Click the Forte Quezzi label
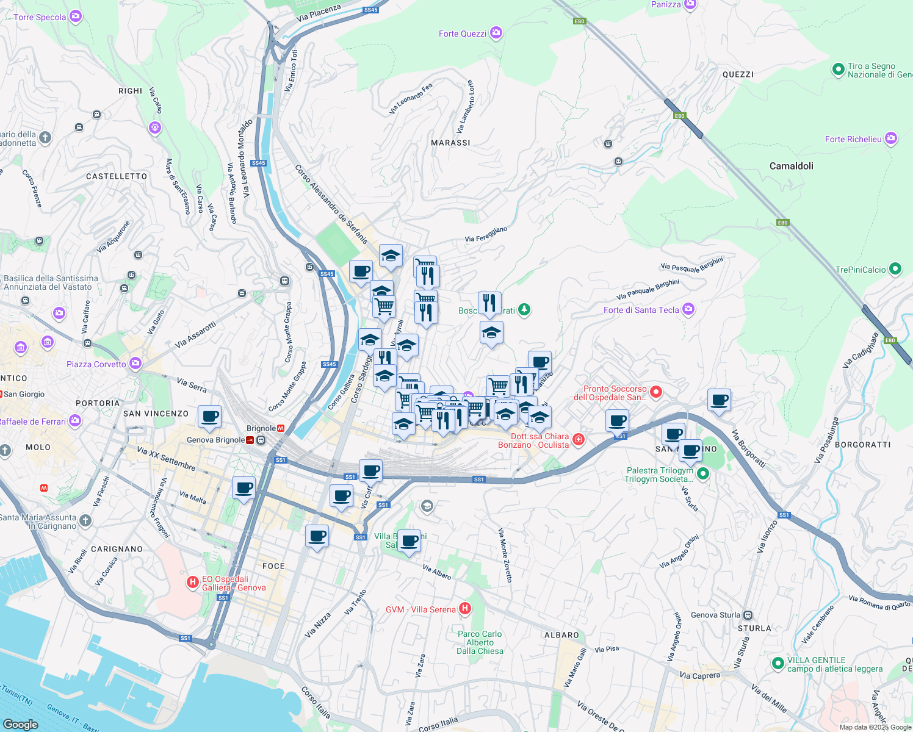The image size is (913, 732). [463, 34]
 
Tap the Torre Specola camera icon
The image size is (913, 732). [76, 16]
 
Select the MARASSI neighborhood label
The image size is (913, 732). [450, 143]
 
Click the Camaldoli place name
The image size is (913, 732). [791, 166]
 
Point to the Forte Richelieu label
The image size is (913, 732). [853, 139]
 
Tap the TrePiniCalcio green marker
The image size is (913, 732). [895, 268]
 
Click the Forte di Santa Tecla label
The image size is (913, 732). [641, 310]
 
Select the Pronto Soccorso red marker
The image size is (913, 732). [656, 392]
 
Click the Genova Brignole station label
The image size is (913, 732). [216, 440]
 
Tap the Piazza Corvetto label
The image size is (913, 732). [96, 364]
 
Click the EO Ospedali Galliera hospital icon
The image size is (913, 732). [193, 583]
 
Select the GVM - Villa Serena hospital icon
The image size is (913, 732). [465, 608]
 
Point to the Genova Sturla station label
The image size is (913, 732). [715, 615]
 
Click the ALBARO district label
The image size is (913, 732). [561, 635]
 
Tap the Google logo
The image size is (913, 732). [20, 724]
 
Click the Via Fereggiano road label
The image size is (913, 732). [486, 234]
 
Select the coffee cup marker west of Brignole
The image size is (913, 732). [209, 417]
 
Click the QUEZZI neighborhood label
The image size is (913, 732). [738, 74]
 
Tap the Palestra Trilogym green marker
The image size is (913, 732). [703, 473]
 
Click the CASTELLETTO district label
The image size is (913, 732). [117, 176]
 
